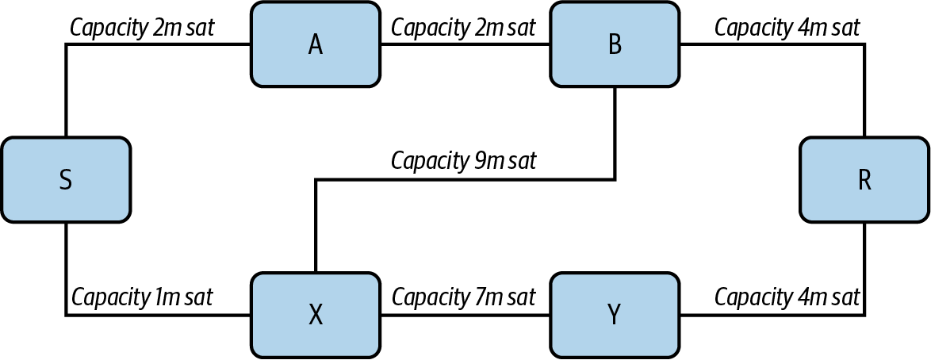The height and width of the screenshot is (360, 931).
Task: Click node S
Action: (x=66, y=180)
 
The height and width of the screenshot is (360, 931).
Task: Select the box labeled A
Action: (x=315, y=44)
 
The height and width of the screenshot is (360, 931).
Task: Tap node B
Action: (x=615, y=44)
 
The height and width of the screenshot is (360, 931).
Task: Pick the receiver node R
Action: (x=864, y=180)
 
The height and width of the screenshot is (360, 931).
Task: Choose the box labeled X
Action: (x=315, y=315)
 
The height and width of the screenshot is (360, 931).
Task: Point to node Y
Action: (x=615, y=315)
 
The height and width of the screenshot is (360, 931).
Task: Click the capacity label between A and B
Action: (x=464, y=27)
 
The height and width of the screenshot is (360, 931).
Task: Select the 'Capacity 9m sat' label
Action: (x=464, y=161)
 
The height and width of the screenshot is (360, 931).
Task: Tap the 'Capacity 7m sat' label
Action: (x=464, y=297)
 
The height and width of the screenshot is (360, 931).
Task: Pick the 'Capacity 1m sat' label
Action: (x=143, y=297)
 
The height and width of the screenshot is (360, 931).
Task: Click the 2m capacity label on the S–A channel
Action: (x=143, y=27)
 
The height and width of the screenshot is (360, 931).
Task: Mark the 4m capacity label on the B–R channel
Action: (x=787, y=27)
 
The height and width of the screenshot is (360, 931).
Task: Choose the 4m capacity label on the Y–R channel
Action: (x=787, y=297)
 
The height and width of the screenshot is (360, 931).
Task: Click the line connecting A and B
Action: (x=464, y=45)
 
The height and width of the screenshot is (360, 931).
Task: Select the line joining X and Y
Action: (x=464, y=316)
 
